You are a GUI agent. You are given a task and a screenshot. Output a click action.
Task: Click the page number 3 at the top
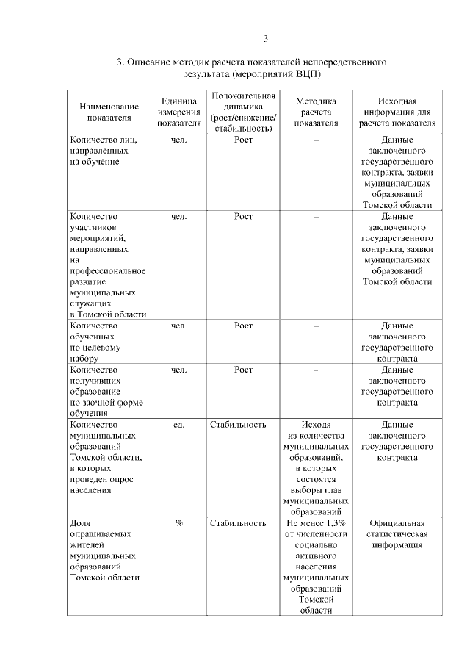267,39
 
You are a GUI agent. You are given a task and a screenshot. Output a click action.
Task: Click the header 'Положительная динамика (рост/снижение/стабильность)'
242,111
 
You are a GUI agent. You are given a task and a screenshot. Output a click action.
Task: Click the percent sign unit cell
178,523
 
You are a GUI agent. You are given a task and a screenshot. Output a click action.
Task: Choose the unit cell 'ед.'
178,425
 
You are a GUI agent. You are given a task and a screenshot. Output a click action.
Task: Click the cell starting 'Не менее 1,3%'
316,566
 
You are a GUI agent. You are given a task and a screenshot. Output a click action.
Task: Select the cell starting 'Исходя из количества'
316,467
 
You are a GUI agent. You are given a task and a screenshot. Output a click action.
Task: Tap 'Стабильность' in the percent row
238,523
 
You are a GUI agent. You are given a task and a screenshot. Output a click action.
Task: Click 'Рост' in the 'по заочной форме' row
243,370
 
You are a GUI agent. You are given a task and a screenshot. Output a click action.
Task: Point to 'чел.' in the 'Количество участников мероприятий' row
178,217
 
